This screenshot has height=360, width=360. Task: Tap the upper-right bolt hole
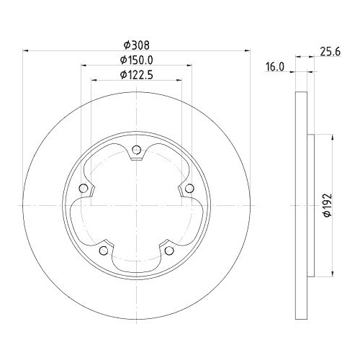pyautogui.click(x=189, y=189)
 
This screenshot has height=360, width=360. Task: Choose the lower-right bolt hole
pyautogui.click(x=169, y=251)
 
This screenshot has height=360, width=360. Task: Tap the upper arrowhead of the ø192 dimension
pyautogui.click(x=332, y=138)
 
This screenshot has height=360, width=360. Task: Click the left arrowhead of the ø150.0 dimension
pyautogui.click(x=83, y=66)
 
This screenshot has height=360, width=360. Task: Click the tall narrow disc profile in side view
pyautogui.click(x=302, y=205)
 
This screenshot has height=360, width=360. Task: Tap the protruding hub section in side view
pyautogui.click(x=310, y=205)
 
